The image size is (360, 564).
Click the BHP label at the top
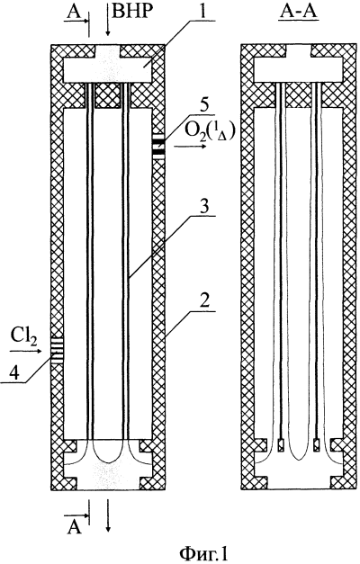(x=130, y=12)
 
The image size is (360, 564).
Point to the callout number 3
(x=203, y=207)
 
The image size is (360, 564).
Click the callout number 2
(x=203, y=301)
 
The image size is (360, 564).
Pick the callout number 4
(x=14, y=373)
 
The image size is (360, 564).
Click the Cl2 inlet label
(x=23, y=337)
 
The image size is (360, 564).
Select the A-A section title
(x=298, y=11)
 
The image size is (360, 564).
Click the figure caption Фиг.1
(x=203, y=553)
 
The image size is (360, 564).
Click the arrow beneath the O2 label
(x=190, y=147)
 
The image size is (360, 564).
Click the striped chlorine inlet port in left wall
(x=57, y=349)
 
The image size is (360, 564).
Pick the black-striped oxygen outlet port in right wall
(x=158, y=146)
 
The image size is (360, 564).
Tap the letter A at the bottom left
(x=74, y=528)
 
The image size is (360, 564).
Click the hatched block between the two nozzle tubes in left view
(x=108, y=95)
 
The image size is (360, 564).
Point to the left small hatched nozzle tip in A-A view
(x=282, y=444)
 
